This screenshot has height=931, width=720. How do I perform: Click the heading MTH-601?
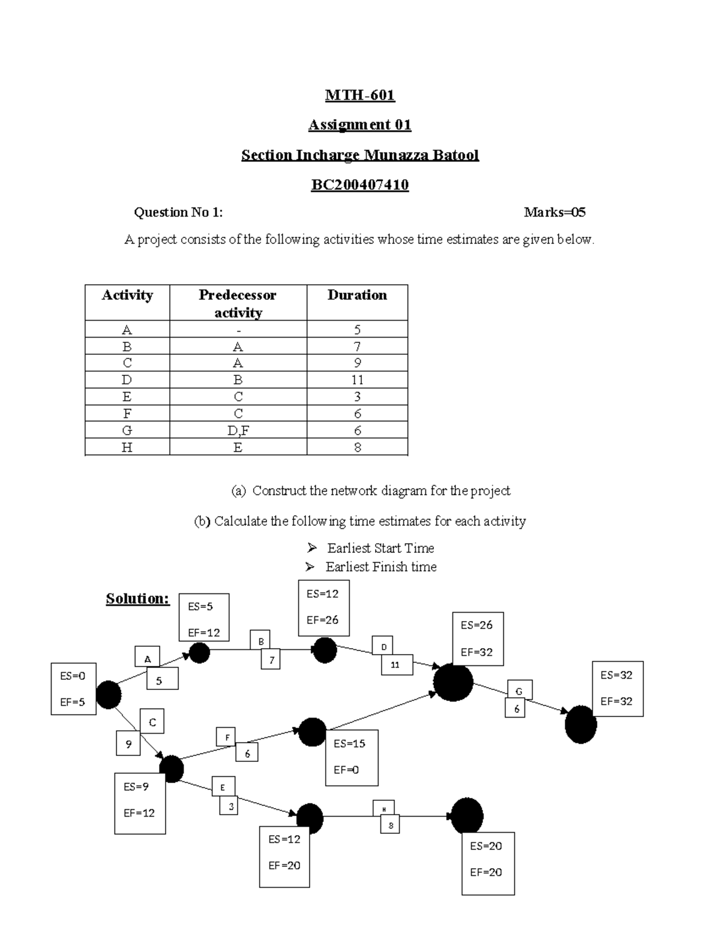(359, 95)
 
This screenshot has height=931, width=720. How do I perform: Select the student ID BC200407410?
(359, 185)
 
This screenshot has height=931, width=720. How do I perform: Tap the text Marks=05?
(554, 212)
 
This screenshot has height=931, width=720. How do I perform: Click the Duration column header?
(357, 295)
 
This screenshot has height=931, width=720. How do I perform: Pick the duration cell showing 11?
(357, 380)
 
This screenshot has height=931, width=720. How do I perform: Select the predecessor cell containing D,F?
(238, 430)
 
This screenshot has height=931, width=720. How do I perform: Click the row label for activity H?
(127, 447)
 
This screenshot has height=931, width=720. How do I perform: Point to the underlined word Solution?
(137, 598)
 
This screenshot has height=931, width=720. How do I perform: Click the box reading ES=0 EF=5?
(73, 689)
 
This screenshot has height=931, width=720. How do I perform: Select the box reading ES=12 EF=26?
(323, 607)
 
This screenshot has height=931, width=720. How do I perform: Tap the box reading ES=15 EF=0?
(352, 757)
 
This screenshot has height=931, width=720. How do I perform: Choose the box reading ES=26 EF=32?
(478, 638)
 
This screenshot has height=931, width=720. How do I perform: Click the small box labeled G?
(520, 691)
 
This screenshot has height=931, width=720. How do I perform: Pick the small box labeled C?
(152, 722)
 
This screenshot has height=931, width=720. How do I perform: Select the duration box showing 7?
(271, 660)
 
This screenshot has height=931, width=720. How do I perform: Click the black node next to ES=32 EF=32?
(581, 725)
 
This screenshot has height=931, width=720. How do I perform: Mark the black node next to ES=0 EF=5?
(109, 695)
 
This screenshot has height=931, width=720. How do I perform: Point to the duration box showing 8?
(390, 825)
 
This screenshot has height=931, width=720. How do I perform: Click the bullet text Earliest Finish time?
(380, 567)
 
